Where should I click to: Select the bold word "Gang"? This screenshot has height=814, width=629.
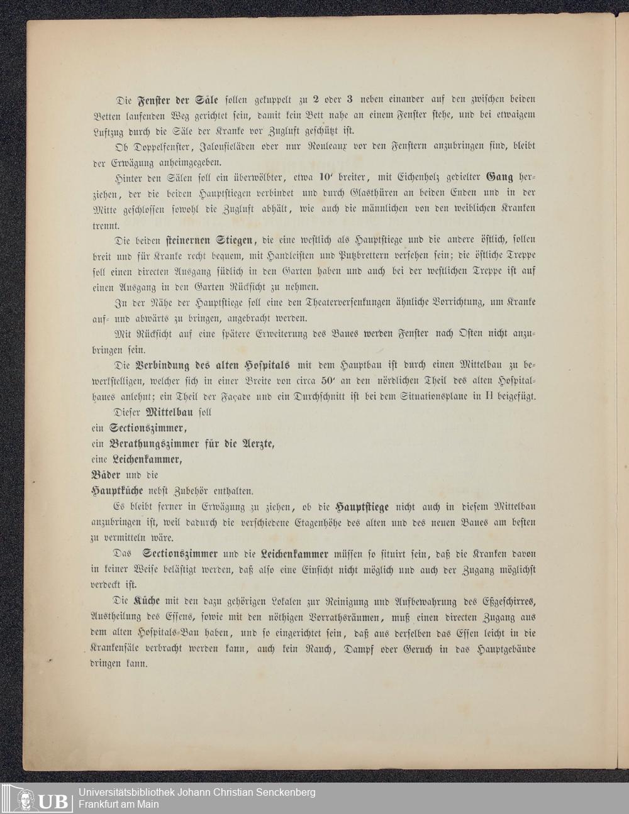[x=500, y=178]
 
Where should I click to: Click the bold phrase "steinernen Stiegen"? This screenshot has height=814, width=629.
[x=209, y=239]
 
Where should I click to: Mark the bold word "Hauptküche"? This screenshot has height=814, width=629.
[x=117, y=490]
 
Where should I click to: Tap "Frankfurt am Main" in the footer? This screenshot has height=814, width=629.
[x=118, y=804]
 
